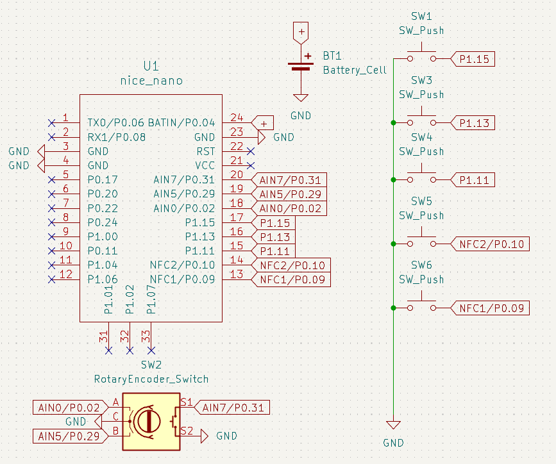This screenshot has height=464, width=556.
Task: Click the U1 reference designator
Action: [x=151, y=67]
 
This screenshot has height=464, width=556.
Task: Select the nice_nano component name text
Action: [x=151, y=81]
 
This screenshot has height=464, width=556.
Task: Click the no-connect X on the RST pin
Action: [x=251, y=151]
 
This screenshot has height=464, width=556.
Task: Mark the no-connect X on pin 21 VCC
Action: [x=251, y=165]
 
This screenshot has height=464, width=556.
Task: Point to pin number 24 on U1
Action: [x=237, y=118]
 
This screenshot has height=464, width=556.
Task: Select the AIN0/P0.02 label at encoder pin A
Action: [x=69, y=408]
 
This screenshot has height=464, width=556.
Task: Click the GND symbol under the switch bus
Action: [x=393, y=426]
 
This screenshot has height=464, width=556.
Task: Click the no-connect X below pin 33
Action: [x=151, y=351]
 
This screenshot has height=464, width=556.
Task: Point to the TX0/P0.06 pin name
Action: [x=116, y=122]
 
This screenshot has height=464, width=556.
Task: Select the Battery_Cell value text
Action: [x=355, y=70]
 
